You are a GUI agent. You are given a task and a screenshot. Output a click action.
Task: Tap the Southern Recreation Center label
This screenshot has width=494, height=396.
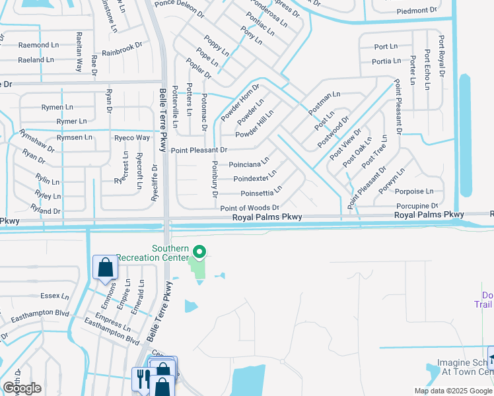(x=156, y=253)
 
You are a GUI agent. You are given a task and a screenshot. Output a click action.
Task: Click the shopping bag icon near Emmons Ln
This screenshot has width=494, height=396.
(x=105, y=268)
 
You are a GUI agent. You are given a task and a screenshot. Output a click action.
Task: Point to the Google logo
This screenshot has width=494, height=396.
(x=21, y=388)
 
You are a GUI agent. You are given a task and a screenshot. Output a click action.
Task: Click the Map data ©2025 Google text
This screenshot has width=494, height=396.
(x=453, y=391)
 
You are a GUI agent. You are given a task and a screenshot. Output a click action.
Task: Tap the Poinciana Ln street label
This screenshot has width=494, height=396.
(x=249, y=163)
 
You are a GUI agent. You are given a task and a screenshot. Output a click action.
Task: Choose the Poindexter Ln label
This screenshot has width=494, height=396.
(x=254, y=178)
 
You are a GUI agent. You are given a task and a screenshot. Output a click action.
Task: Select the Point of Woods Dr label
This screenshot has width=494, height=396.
(x=250, y=207)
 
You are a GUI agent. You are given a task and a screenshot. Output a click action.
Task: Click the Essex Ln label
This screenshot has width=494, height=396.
(x=54, y=296)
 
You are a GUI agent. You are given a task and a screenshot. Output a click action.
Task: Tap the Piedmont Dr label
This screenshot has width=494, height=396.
(x=417, y=11)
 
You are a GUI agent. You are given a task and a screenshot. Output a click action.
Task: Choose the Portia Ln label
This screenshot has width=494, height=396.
(x=386, y=61)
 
